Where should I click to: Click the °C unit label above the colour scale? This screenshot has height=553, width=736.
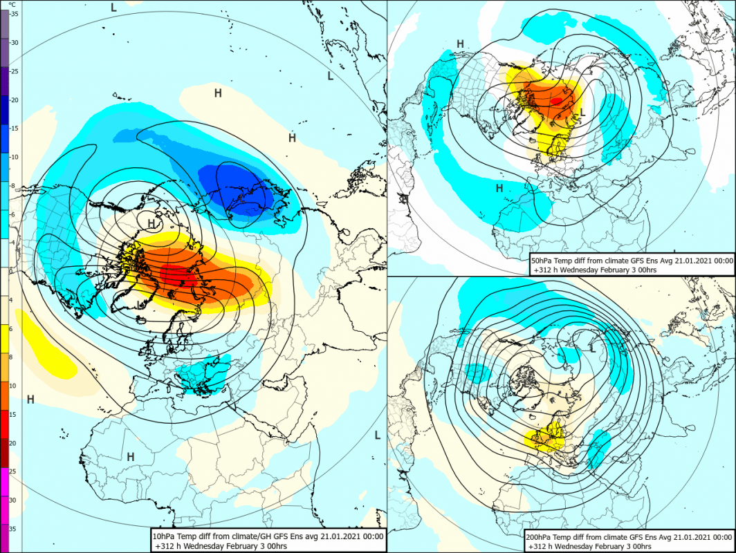pyautogui.click(x=12, y=4)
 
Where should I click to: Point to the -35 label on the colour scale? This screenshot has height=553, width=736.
pyautogui.click(x=14, y=14)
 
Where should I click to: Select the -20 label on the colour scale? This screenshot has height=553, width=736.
pyautogui.click(x=14, y=100)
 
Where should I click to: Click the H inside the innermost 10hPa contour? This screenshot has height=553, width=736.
pyautogui.click(x=151, y=224)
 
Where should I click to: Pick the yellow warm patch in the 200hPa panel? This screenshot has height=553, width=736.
pyautogui.click(x=546, y=437)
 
